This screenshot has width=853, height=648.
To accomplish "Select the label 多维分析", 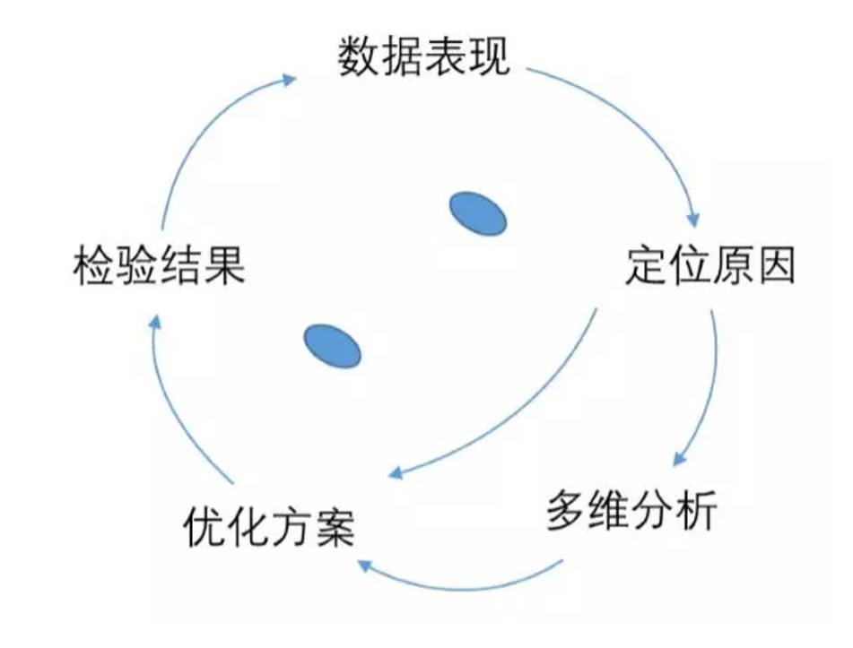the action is pos(631,512).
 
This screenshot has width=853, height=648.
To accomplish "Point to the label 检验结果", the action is pos(159,265).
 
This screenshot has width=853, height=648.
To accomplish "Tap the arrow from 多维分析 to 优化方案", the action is pos(466,587).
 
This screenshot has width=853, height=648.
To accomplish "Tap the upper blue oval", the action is pos(477,214).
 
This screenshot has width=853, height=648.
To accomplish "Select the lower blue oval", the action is pos(332,345).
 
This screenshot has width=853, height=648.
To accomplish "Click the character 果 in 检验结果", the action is pos(224,265).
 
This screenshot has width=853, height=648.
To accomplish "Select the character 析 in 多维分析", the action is pos(696,512).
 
